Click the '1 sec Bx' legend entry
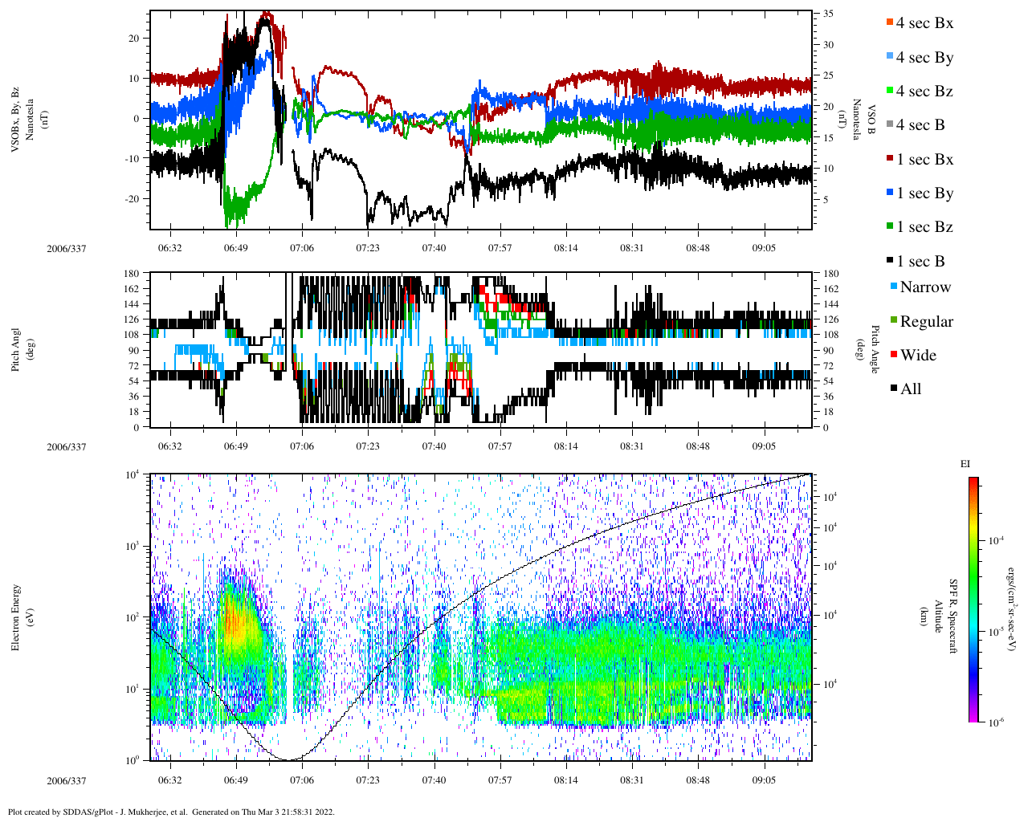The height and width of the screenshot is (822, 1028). click(924, 160)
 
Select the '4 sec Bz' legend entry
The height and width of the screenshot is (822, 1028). click(924, 92)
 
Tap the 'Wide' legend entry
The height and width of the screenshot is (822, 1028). click(918, 355)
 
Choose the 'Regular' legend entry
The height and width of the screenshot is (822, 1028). click(926, 321)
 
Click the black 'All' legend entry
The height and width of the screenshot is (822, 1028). click(911, 389)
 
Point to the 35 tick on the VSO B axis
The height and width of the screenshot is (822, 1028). click(828, 14)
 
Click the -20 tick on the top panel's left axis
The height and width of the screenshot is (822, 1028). click(133, 199)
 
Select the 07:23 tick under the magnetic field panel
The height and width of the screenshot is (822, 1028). click(368, 248)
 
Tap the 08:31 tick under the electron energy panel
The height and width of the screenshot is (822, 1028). click(632, 780)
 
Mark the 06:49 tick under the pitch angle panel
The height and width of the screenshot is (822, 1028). click(236, 446)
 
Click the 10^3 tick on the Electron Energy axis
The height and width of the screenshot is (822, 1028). click(133, 546)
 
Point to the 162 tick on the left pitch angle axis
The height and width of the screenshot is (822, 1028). click(132, 289)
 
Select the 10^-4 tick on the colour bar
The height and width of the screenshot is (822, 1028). click(993, 541)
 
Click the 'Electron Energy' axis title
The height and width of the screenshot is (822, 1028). click(15, 617)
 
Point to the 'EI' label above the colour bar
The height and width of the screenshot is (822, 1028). click(965, 464)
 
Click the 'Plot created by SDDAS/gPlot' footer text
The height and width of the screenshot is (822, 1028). click(171, 812)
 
